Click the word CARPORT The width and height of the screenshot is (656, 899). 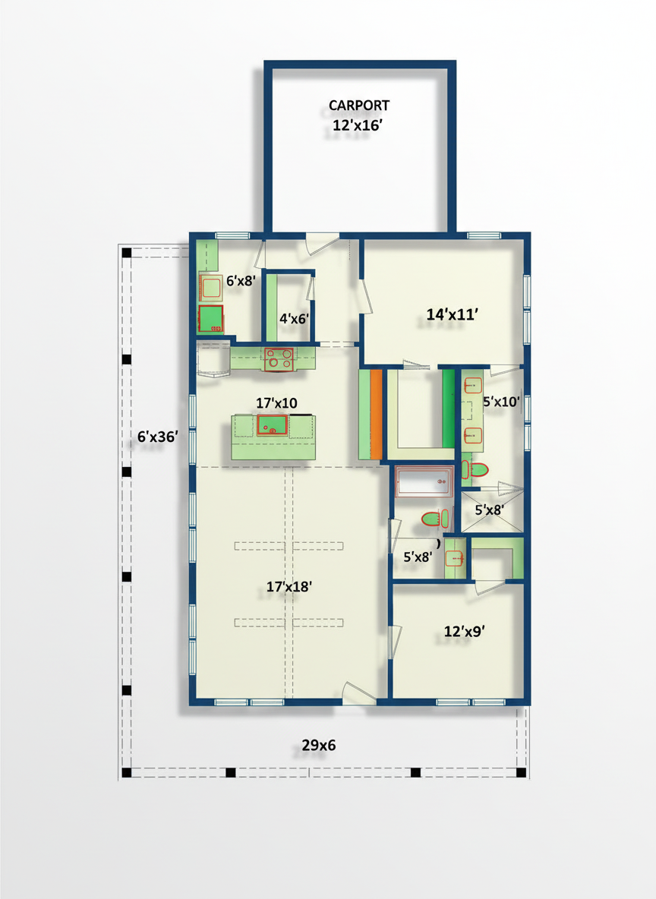pos(359,106)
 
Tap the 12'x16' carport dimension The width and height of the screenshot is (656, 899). pos(358,125)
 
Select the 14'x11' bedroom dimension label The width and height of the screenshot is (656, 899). pos(452,314)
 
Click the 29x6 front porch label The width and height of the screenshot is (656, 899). pos(319,746)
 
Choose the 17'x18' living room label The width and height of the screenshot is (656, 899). pos(289,586)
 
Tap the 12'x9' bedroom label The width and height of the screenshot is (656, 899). pos(465,631)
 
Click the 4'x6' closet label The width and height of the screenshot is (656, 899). pos(294,318)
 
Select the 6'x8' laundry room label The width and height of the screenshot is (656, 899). pos(240,281)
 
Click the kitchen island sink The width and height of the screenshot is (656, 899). pos(273,426)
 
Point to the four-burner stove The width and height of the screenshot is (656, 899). pos(279,359)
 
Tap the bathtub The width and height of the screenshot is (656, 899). pos(424,481)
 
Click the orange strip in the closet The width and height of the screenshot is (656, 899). pos(376,414)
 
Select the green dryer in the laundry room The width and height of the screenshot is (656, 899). pos(210,319)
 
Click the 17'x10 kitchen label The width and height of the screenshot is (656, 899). pos(276,403)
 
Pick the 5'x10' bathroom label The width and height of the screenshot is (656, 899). pos(501,402)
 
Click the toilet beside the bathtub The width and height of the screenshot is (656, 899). pos(435,519)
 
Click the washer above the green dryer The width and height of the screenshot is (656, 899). pos(211,287)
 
